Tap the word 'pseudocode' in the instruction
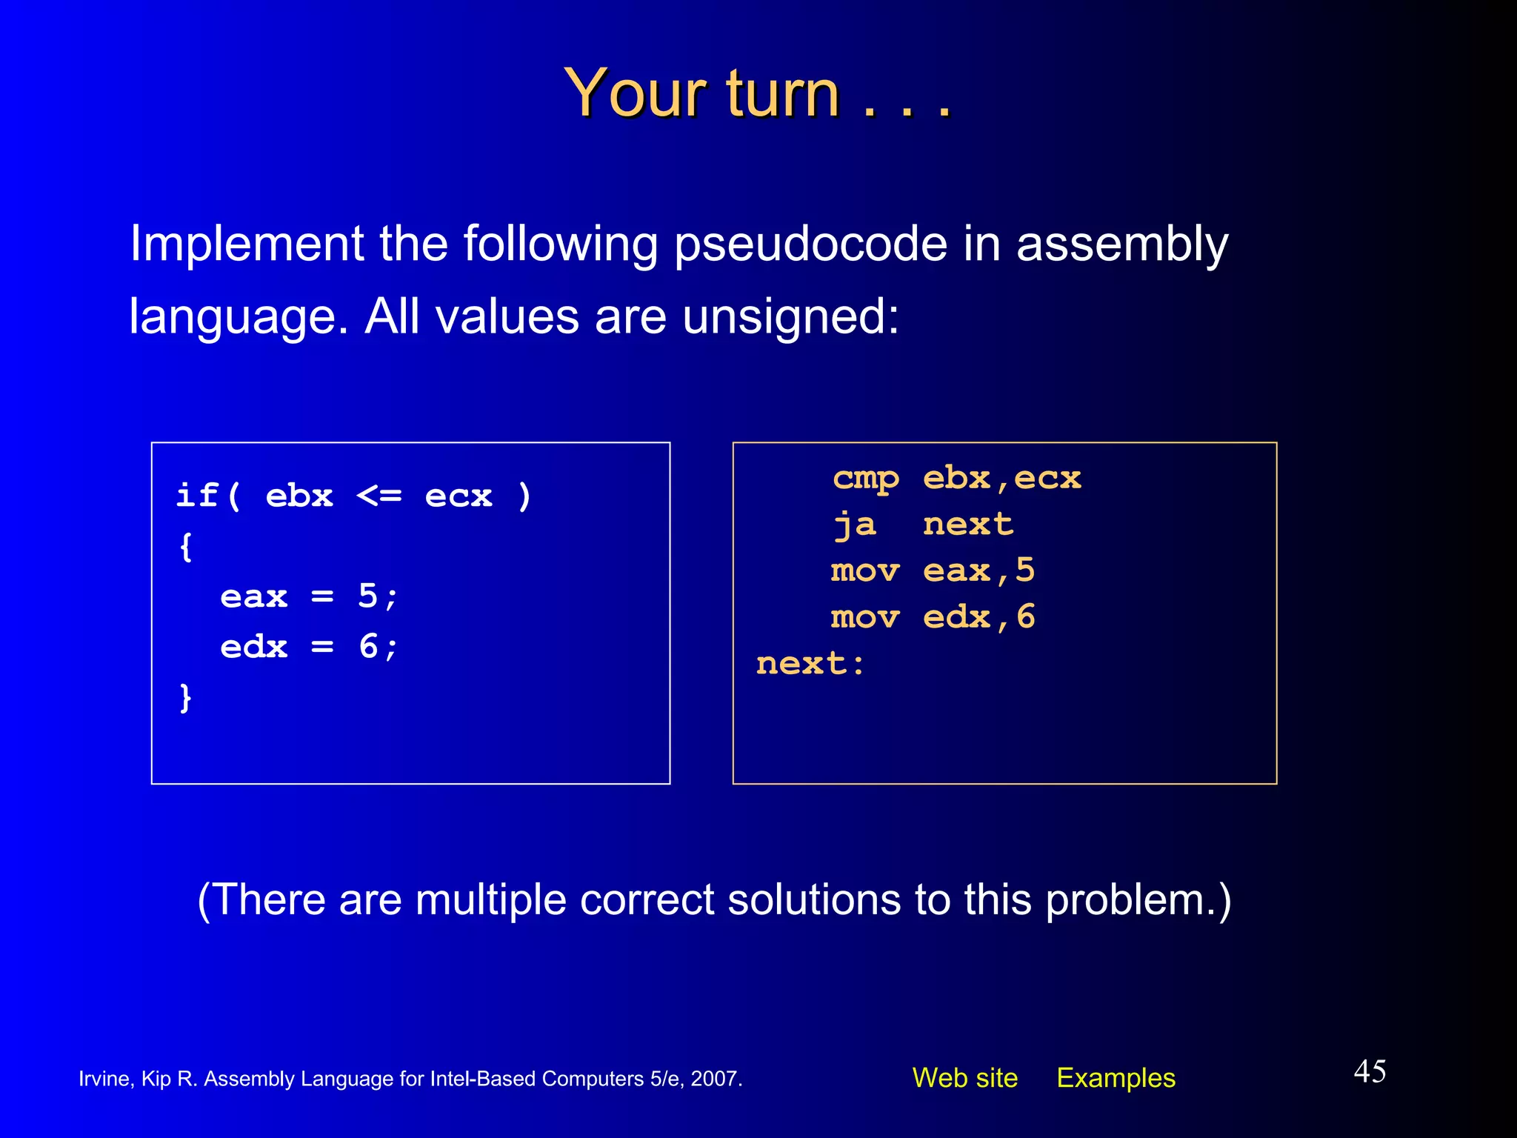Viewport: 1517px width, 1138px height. tap(810, 244)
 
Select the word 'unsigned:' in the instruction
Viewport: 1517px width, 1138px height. tap(790, 317)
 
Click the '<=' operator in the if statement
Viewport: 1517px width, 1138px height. tap(379, 496)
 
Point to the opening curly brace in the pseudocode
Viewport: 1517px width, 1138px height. tap(186, 548)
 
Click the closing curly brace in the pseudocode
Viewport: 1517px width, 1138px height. tap(186, 698)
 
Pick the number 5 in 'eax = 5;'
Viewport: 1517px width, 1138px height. tap(368, 596)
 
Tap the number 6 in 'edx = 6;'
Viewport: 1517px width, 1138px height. tap(368, 647)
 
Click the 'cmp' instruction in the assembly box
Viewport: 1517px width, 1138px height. tap(865, 479)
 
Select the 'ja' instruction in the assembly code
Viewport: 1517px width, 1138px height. tap(855, 525)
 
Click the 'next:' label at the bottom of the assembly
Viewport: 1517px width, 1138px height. tap(810, 664)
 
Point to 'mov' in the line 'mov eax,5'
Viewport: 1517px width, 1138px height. tap(865, 571)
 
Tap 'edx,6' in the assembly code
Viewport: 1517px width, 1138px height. tap(978, 617)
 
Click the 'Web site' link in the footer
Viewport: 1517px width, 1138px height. tap(964, 1078)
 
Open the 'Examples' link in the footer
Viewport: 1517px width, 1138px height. tap(1116, 1078)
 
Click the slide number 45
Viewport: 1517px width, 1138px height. tap(1370, 1071)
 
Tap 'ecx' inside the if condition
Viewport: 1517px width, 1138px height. tap(459, 496)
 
